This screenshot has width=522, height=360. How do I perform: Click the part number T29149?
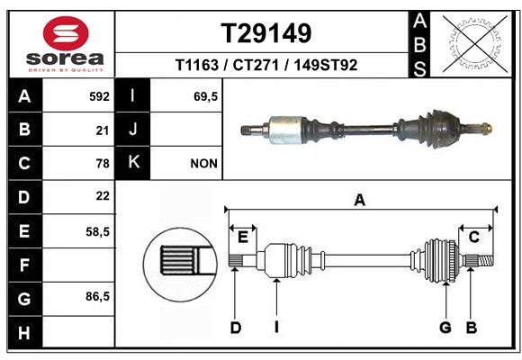click(266, 33)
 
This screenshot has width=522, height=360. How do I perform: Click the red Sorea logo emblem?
click(66, 33)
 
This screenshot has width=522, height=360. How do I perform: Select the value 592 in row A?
click(99, 96)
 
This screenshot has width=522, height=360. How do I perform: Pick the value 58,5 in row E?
click(97, 231)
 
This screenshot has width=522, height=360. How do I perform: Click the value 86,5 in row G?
click(97, 296)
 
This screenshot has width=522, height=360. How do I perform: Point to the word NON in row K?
click(203, 164)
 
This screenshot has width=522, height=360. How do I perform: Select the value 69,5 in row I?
click(205, 96)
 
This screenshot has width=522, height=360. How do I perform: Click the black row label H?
click(25, 332)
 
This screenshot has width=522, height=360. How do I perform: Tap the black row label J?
click(132, 129)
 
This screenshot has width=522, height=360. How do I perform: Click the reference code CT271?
click(256, 65)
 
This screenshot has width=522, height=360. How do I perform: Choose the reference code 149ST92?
click(325, 65)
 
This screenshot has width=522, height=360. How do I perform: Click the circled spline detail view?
click(180, 265)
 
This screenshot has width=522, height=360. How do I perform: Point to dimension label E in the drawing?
click(243, 238)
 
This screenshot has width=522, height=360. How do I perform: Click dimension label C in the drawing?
click(474, 237)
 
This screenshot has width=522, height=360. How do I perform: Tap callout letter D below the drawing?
click(236, 328)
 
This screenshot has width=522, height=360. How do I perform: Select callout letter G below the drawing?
click(445, 328)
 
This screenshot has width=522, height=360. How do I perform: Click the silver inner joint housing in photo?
click(285, 130)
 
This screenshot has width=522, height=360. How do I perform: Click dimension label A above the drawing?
click(360, 201)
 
